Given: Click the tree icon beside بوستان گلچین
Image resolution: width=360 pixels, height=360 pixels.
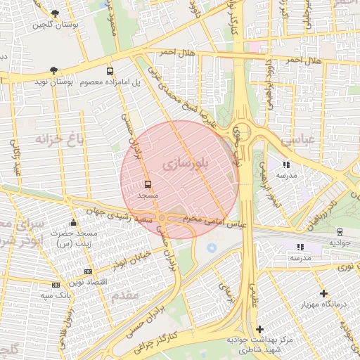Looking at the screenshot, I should pyautogui.click(x=56, y=13).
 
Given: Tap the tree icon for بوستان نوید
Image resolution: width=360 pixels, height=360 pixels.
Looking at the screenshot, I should pyautogui.click(x=53, y=70).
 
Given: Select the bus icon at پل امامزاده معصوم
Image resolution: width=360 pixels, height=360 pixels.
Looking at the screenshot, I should pyautogui.click(x=110, y=71).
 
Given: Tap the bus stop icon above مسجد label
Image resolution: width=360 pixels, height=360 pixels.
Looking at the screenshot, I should pyautogui.click(x=148, y=184).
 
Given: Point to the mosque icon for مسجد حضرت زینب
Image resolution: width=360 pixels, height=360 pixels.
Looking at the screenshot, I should pyautogui.click(x=74, y=223).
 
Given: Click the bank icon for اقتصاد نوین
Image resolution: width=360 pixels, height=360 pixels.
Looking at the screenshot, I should pyautogui.click(x=88, y=271).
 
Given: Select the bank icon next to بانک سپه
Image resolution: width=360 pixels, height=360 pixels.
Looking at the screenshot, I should pyautogui.click(x=56, y=285).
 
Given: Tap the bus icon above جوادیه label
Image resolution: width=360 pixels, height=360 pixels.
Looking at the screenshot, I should pyautogui.click(x=340, y=231).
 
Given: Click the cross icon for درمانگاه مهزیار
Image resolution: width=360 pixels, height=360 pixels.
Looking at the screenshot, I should pyautogui.click(x=323, y=293).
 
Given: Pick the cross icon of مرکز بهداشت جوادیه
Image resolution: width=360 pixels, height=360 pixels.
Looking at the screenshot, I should pyautogui.click(x=259, y=328).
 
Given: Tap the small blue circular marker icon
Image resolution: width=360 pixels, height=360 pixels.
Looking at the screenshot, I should pyautogui.click(x=212, y=247).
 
